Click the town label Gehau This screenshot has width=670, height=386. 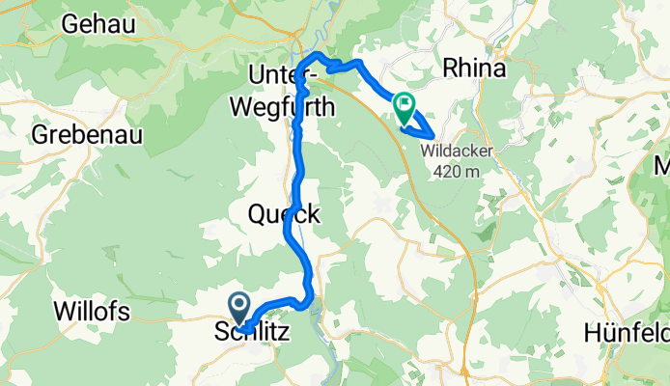click(x=103, y=24)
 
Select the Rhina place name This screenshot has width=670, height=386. click(x=475, y=69)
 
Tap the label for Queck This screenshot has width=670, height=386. click(x=284, y=214)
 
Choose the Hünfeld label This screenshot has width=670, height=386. click(x=627, y=334)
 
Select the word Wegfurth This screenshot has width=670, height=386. click(x=284, y=108)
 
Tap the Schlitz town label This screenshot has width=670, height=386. click(x=249, y=332)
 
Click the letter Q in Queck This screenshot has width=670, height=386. click(x=257, y=214)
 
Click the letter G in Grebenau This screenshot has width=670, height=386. click(x=41, y=134)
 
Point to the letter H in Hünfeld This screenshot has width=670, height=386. click(x=592, y=334)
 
